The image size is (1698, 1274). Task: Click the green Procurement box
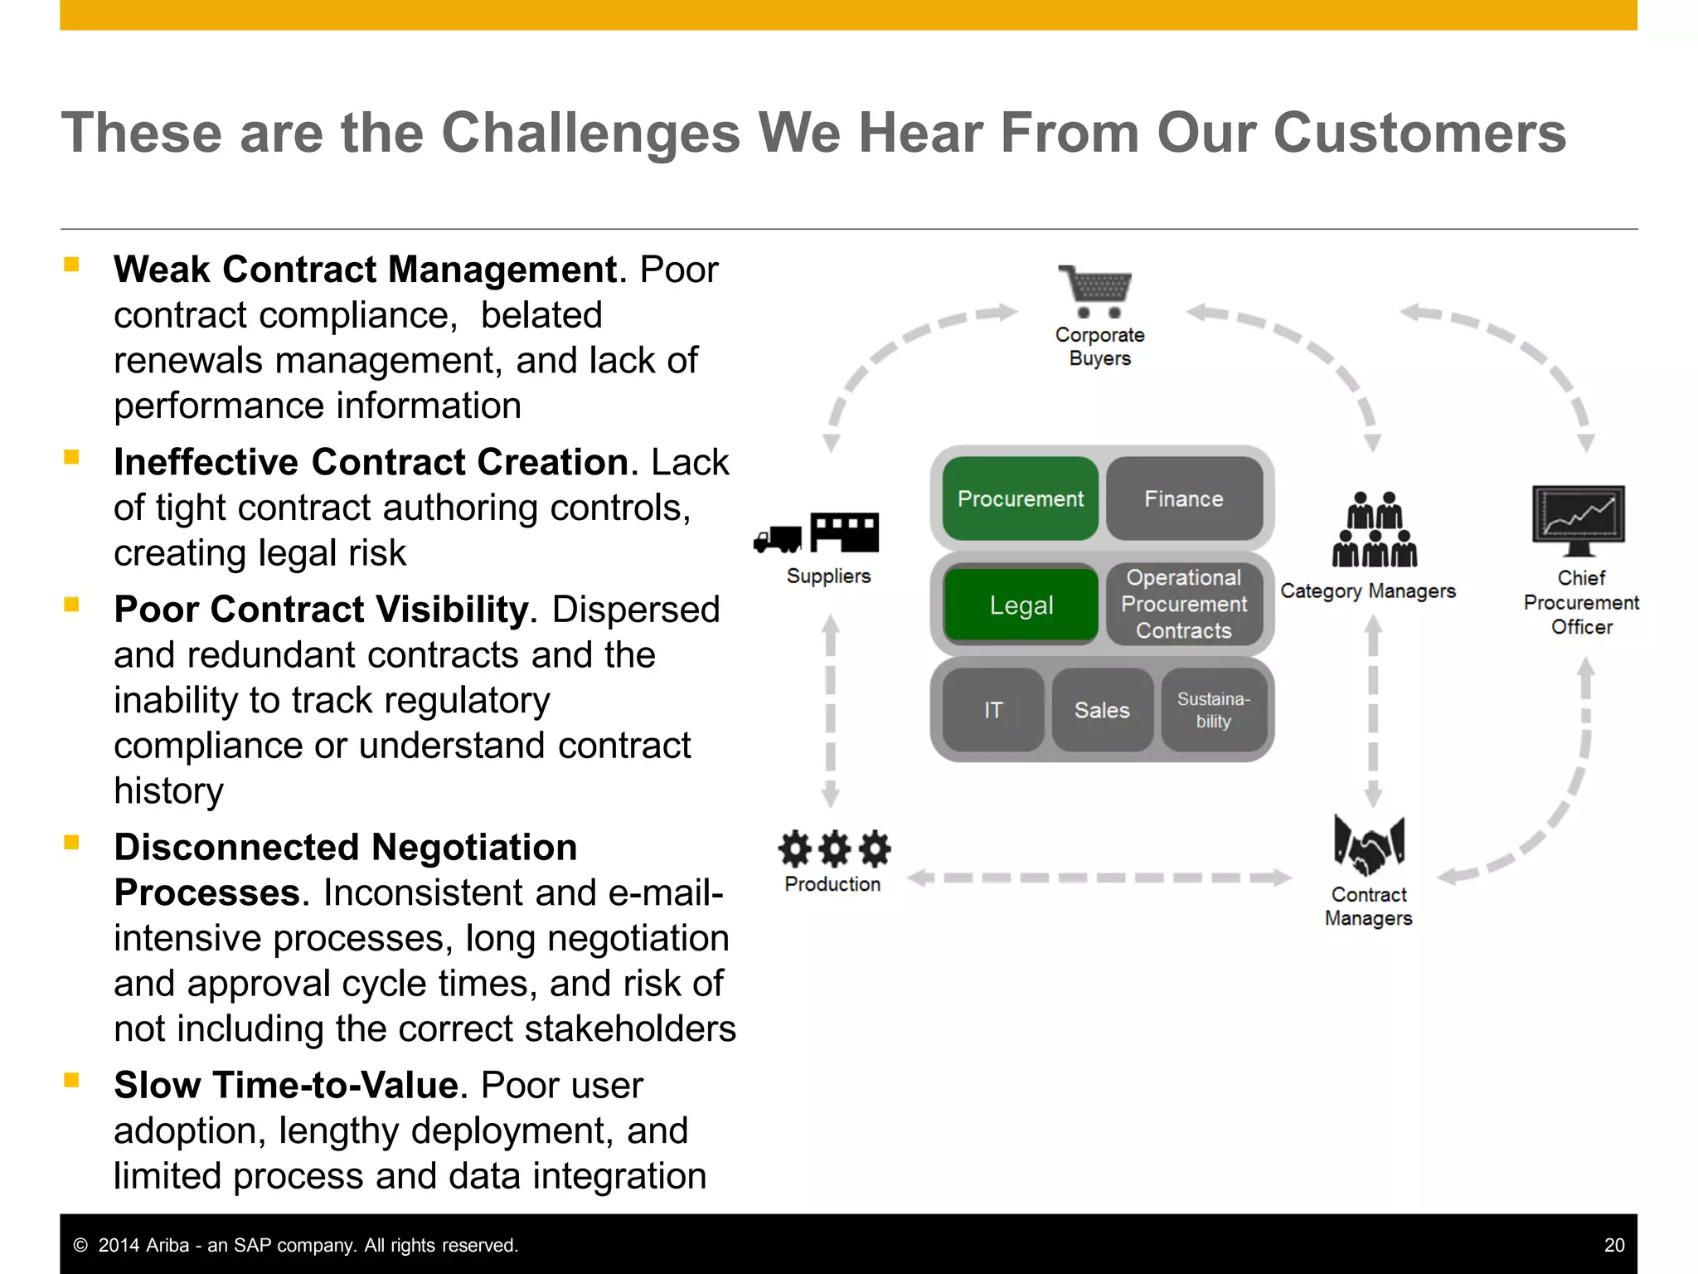point(1020,498)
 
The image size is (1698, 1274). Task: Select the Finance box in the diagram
point(1184,498)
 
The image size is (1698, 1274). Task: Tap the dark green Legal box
point(1021,605)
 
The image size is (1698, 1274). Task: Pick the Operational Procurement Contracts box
point(1184,604)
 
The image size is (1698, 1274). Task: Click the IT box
point(993,710)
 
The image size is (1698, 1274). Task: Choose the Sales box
point(1102,710)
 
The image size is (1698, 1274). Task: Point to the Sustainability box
point(1213,710)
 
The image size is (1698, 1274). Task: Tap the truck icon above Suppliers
point(778,539)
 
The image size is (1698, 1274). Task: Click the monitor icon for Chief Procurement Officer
point(1578,519)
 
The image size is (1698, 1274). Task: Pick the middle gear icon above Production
point(834,848)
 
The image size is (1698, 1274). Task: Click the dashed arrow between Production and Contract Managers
point(1099,878)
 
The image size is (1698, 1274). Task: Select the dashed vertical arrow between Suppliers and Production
point(830,712)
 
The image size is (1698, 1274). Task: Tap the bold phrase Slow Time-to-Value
point(286,1085)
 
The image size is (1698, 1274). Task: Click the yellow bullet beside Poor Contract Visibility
point(72,604)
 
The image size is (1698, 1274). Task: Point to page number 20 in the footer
point(1613,1245)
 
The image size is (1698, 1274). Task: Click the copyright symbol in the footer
point(80,1245)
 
